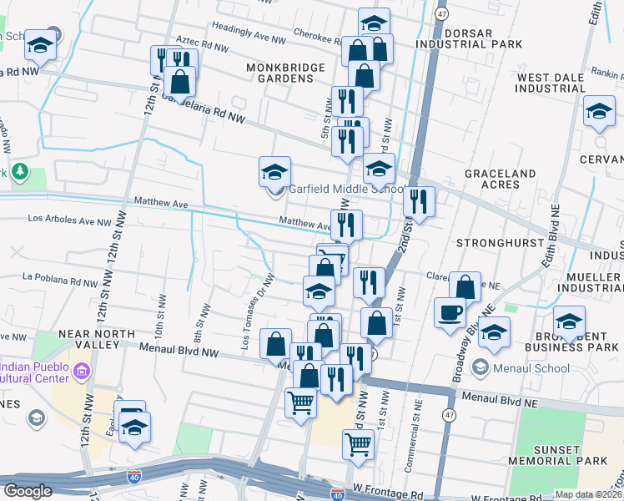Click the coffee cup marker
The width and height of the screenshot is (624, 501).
coord(450,313)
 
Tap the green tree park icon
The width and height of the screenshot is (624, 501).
coord(20,174)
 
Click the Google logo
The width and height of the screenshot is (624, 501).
coord(28,491)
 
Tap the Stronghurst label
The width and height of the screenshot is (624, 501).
coord(489,242)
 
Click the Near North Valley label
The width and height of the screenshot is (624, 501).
coord(97,340)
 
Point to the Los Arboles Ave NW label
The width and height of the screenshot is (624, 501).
coord(69,221)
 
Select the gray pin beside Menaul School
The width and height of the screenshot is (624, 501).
coord(479,367)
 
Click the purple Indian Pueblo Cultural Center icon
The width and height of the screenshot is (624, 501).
coord(82,370)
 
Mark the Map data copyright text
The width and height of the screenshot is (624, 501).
coord(588,494)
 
